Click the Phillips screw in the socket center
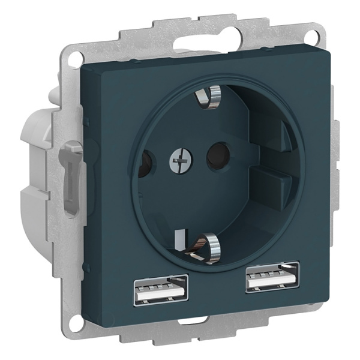(178, 160)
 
